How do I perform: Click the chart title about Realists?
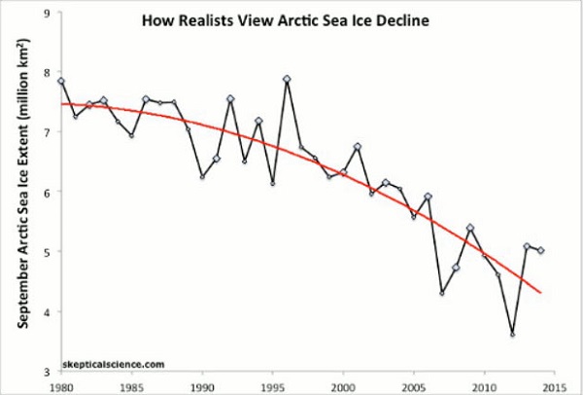pos(287,20)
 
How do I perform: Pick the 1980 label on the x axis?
pos(60,384)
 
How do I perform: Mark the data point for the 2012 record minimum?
pos(512,335)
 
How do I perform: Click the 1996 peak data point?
pos(287,79)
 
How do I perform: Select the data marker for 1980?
pos(61,82)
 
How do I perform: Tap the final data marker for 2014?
pos(540,250)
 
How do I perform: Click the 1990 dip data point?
pos(202,176)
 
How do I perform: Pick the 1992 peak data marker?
pos(230,99)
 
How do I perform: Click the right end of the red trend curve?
pos(540,292)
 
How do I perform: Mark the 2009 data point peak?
pos(470,229)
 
